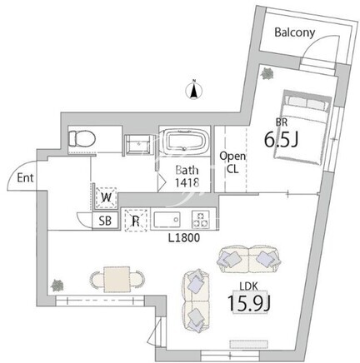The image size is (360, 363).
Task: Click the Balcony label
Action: [295, 32]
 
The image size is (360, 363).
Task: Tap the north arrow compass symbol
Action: [194, 89]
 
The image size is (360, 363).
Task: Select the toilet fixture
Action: [82, 138]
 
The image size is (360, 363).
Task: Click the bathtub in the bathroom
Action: [185, 141]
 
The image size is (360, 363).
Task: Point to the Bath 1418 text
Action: [187, 177]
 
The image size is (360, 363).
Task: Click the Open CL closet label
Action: [232, 162]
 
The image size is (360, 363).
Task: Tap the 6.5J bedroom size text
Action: [281, 139]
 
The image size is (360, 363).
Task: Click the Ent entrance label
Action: [25, 178]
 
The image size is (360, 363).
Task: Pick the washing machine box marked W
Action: [106, 197]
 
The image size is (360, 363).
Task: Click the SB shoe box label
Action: [105, 221]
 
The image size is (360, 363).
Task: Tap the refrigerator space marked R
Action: [136, 221]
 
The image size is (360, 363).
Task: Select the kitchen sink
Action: [167, 220]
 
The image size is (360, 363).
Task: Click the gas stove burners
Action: [201, 219]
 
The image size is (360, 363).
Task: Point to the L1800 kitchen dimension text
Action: [184, 238]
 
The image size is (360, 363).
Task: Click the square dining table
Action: [117, 279]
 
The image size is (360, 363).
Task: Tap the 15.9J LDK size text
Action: [249, 303]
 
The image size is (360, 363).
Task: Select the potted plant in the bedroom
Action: [267, 73]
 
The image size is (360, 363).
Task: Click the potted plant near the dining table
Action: [57, 286]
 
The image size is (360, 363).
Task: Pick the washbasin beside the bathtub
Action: [138, 144]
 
